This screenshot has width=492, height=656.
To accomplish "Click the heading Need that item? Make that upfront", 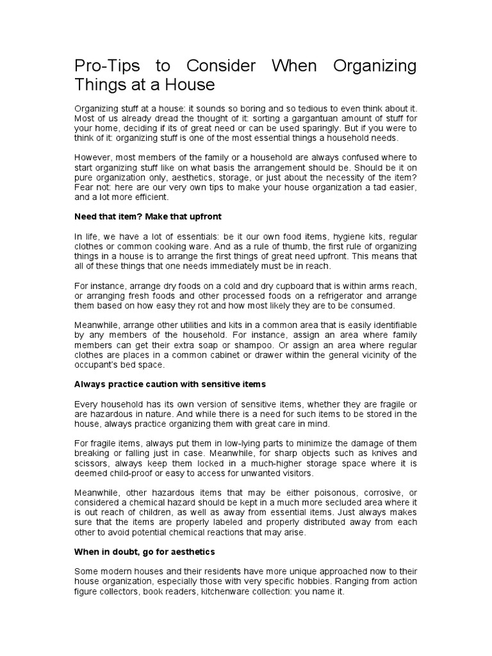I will (x=148, y=216).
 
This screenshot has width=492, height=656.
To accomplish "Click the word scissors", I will (x=91, y=463).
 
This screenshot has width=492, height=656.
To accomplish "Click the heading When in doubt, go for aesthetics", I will (x=145, y=552).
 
